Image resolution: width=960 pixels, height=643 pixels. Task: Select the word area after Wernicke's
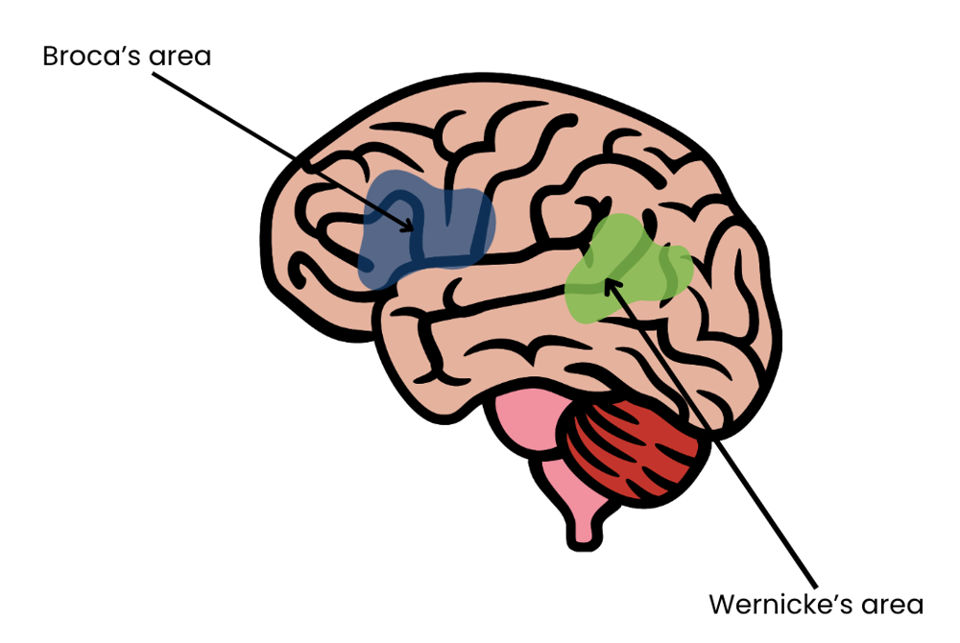pos(892,605)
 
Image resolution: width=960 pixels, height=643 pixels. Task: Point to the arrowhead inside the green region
pos(609,284)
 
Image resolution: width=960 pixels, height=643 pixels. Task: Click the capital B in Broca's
pos(50,56)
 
